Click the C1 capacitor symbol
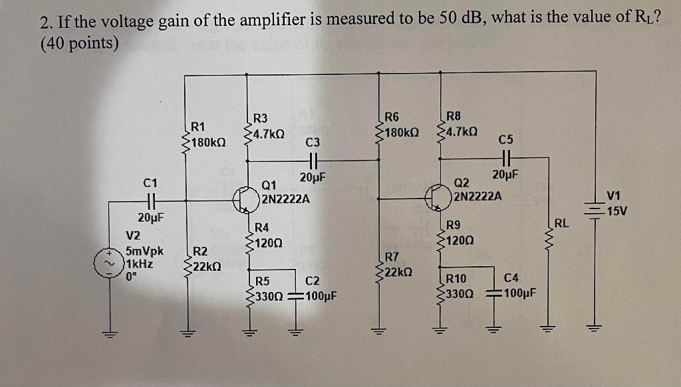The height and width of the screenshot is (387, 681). point(150,199)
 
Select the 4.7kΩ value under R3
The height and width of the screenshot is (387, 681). point(267,133)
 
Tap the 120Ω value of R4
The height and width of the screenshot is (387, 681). point(271,242)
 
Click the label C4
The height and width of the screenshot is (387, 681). point(511,278)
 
